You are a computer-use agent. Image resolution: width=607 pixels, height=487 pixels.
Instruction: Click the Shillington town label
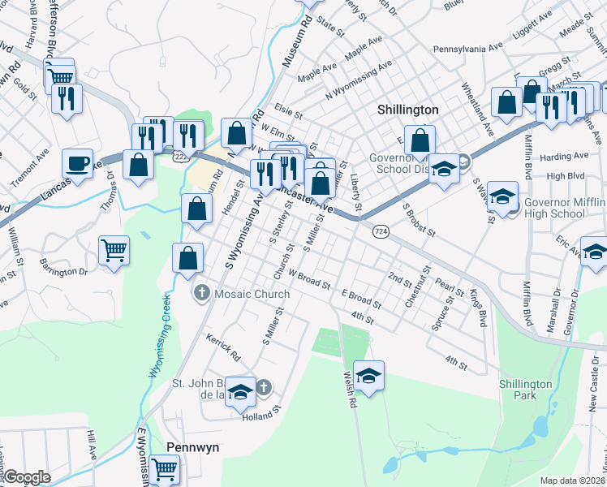click(x=408, y=110)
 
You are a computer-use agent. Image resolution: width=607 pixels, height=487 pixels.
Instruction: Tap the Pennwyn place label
click(x=192, y=447)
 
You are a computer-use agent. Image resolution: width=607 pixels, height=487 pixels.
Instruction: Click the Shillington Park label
click(x=525, y=390)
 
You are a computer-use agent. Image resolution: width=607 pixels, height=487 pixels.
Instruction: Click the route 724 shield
click(x=380, y=232)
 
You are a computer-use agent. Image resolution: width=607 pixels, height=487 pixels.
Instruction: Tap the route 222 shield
click(x=179, y=153)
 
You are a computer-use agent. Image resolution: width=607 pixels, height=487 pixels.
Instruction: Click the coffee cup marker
click(x=78, y=164)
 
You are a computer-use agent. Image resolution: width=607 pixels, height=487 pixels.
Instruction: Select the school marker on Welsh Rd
click(x=368, y=376)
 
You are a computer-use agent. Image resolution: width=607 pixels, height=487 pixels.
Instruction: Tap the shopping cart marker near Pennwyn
click(x=165, y=468)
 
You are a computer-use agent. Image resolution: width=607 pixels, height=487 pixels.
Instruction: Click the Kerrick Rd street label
click(x=223, y=347)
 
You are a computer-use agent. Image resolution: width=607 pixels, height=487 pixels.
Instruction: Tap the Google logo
click(x=27, y=477)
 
